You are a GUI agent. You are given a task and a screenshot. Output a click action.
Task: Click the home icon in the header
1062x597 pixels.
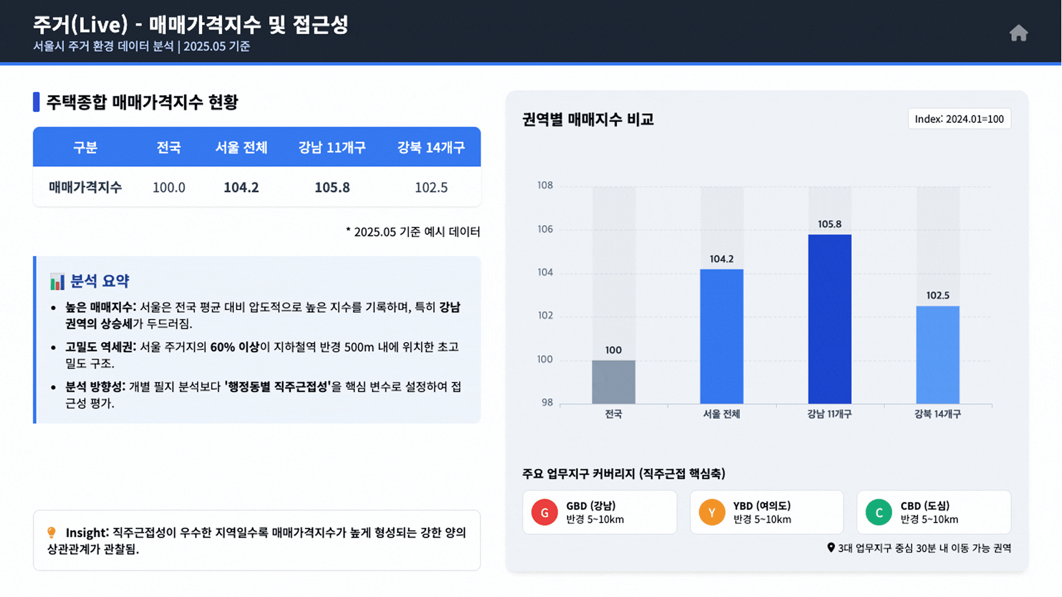point(1018,33)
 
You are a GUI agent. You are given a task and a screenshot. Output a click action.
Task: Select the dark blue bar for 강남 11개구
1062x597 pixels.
point(830,319)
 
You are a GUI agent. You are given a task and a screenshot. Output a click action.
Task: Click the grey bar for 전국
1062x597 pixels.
point(613,381)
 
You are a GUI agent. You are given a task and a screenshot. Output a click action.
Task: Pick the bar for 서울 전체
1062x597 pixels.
point(721,336)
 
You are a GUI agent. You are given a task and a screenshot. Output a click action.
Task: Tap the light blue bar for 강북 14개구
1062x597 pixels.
point(938,354)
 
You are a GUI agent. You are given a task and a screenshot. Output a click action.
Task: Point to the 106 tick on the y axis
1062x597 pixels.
point(545,229)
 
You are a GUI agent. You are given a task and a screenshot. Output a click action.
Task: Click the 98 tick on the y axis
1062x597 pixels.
point(547,402)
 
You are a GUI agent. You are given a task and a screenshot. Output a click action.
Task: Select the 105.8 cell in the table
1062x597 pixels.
point(332,187)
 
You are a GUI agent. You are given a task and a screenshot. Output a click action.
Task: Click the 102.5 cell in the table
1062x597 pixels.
point(431,187)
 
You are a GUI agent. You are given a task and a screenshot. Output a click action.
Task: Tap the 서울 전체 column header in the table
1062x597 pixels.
point(241,148)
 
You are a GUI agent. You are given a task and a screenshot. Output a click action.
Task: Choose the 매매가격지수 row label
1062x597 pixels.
point(85,187)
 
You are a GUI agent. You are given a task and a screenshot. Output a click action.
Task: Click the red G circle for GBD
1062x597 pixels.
point(544,512)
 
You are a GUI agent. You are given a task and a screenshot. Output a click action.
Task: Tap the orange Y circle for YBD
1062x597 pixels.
point(712,512)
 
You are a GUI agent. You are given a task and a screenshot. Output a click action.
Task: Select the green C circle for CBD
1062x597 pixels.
point(879,512)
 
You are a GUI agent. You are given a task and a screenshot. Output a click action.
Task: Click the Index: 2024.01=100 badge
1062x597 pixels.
point(959,119)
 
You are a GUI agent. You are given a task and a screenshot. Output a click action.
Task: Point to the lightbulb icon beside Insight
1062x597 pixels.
point(51,532)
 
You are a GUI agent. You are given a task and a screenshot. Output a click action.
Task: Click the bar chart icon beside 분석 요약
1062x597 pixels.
point(57,281)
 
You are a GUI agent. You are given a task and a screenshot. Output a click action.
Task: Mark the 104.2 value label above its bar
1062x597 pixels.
point(721,259)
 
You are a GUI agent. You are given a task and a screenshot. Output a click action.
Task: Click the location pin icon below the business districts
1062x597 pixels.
point(831,547)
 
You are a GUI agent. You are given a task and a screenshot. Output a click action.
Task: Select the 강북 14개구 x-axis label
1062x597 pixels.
point(938,414)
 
